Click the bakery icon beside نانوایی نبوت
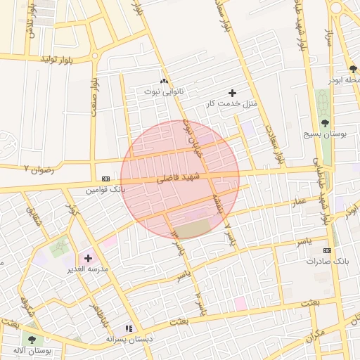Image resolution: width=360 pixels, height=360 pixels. click(x=165, y=81)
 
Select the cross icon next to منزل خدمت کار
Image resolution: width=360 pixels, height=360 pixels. click(x=233, y=93)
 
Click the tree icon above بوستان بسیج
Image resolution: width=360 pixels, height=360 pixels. click(x=333, y=122)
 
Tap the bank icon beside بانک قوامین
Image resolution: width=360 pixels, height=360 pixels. click(x=105, y=179)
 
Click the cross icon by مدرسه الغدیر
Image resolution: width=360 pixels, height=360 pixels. click(x=88, y=258)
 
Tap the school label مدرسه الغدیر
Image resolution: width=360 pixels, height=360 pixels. click(x=88, y=269)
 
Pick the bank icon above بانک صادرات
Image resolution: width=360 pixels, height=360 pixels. click(x=327, y=250)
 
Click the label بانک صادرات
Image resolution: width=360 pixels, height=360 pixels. click(x=323, y=261)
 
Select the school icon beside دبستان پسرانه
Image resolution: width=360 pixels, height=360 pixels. click(x=128, y=328)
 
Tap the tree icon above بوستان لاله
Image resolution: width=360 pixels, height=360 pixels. click(x=32, y=340)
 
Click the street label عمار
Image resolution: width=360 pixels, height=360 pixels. click(x=300, y=202)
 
